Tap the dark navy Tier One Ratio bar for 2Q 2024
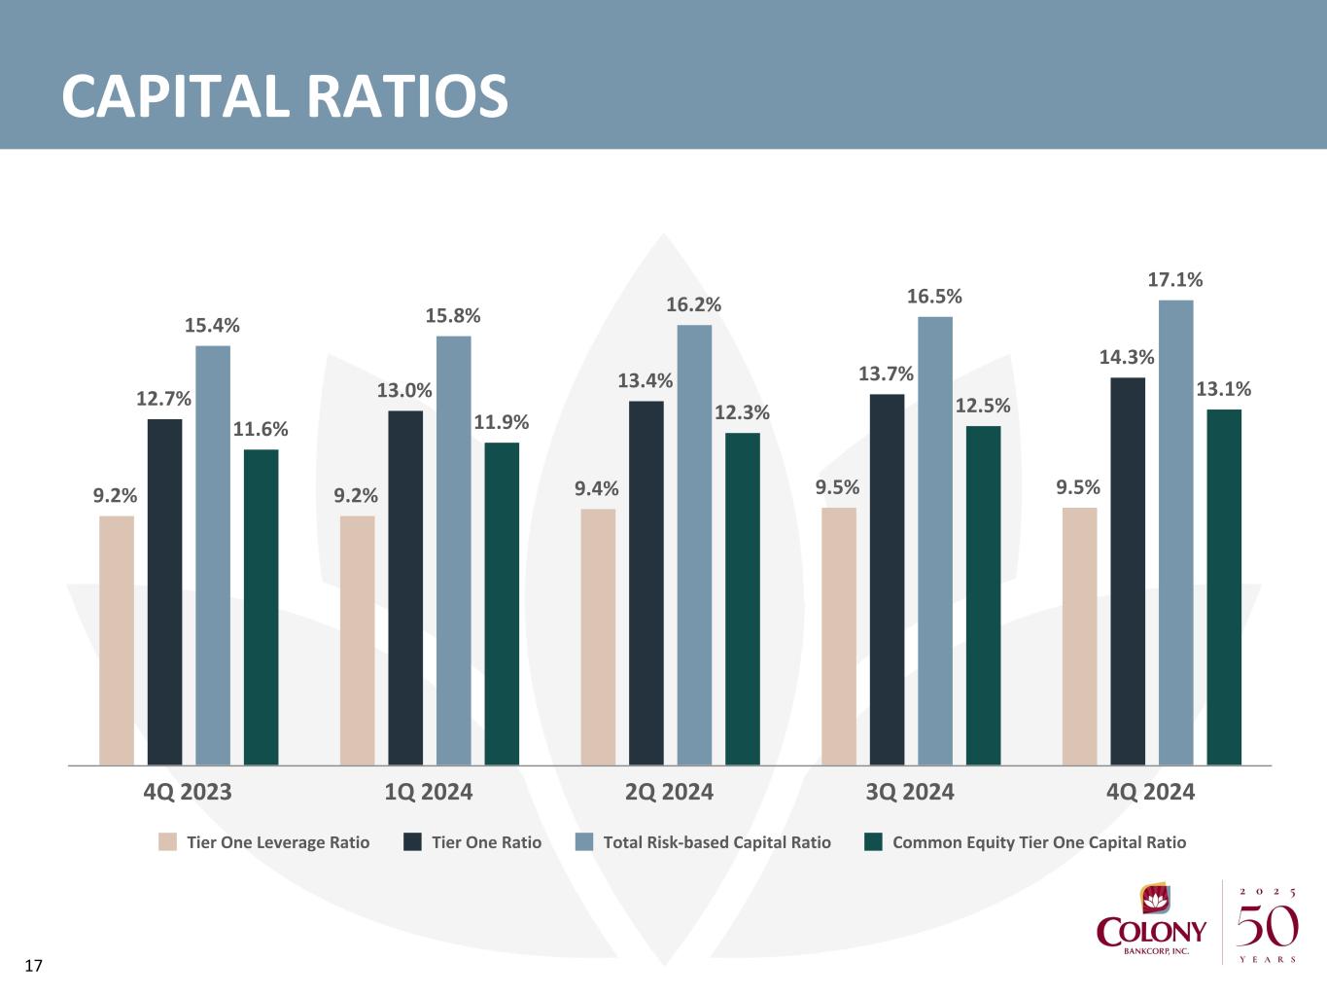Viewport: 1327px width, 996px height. pyautogui.click(x=646, y=583)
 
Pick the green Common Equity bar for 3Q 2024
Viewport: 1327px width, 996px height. pyautogui.click(x=983, y=595)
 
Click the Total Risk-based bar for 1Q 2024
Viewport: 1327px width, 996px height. pyautogui.click(x=453, y=551)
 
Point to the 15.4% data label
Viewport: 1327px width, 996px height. pyautogui.click(x=213, y=326)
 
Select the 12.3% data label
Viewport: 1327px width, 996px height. pyautogui.click(x=743, y=413)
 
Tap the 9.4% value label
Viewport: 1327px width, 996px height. pyautogui.click(x=597, y=488)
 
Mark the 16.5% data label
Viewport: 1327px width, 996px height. pyautogui.click(x=935, y=297)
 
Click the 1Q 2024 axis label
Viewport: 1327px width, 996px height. pyautogui.click(x=429, y=792)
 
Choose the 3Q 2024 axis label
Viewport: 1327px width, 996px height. pyautogui.click(x=910, y=792)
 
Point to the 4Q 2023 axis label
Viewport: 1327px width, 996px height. pyautogui.click(x=188, y=792)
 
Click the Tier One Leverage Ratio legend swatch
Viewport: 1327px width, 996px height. pyautogui.click(x=168, y=842)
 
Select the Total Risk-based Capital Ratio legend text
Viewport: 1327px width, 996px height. pyautogui.click(x=716, y=842)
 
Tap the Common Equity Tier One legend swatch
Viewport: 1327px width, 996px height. pyautogui.click(x=874, y=842)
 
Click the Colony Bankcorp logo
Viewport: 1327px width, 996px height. pyautogui.click(x=1152, y=922)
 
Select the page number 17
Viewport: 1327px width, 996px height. pyautogui.click(x=34, y=966)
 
